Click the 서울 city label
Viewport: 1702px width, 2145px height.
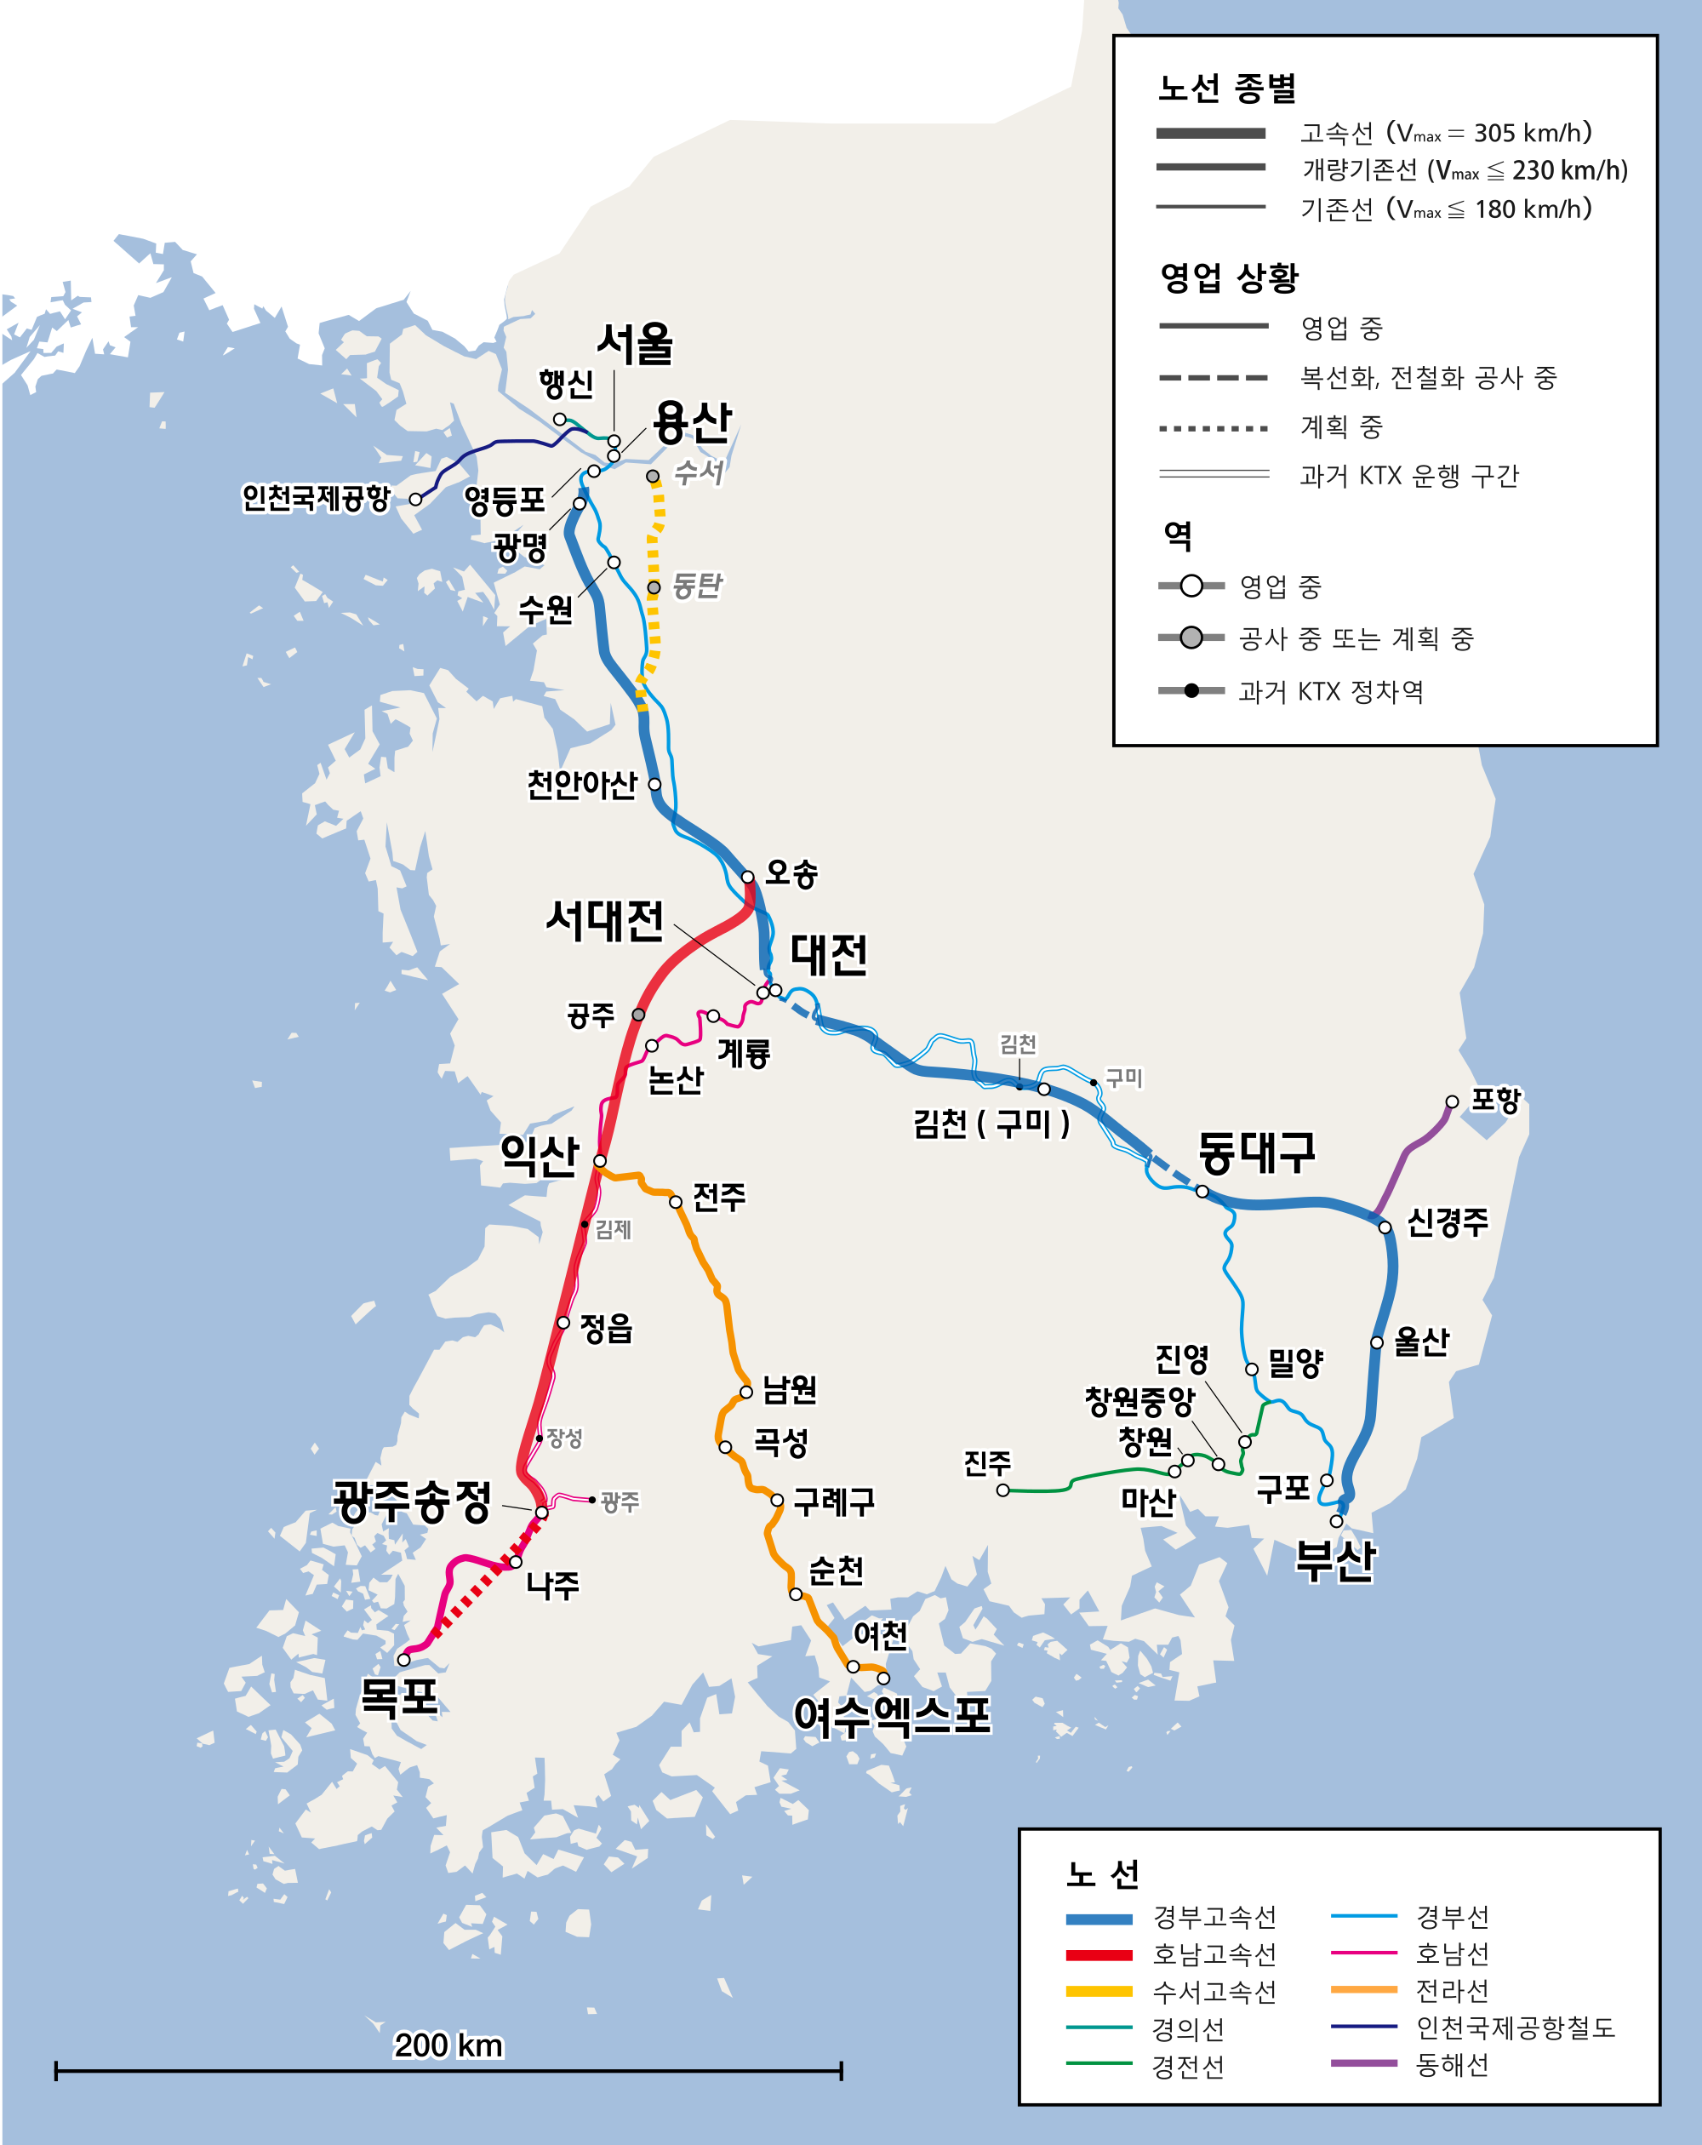[x=635, y=344]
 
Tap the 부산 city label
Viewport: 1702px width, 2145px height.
[x=1335, y=1560]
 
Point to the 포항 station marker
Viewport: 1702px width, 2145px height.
[x=1453, y=1101]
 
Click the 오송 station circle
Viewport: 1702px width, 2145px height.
[x=747, y=877]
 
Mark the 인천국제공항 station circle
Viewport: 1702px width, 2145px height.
[x=416, y=500]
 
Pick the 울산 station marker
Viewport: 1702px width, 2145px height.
[x=1377, y=1342]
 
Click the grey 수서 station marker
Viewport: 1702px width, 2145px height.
[x=653, y=477]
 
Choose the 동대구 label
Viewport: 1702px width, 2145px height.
[x=1256, y=1153]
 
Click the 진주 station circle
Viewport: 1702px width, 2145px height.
[x=1002, y=1490]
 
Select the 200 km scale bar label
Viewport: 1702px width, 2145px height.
[x=448, y=2045]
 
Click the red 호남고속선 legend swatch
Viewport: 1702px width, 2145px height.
[x=1099, y=1955]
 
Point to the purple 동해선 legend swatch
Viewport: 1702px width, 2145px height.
[x=1364, y=2063]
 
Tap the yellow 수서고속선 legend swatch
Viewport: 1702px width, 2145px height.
[x=1099, y=1992]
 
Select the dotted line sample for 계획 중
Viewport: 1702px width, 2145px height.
[x=1214, y=429]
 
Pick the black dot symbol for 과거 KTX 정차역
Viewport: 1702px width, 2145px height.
[x=1191, y=690]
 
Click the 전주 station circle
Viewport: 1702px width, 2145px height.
[x=676, y=1202]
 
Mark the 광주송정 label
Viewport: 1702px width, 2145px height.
[x=412, y=1501]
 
